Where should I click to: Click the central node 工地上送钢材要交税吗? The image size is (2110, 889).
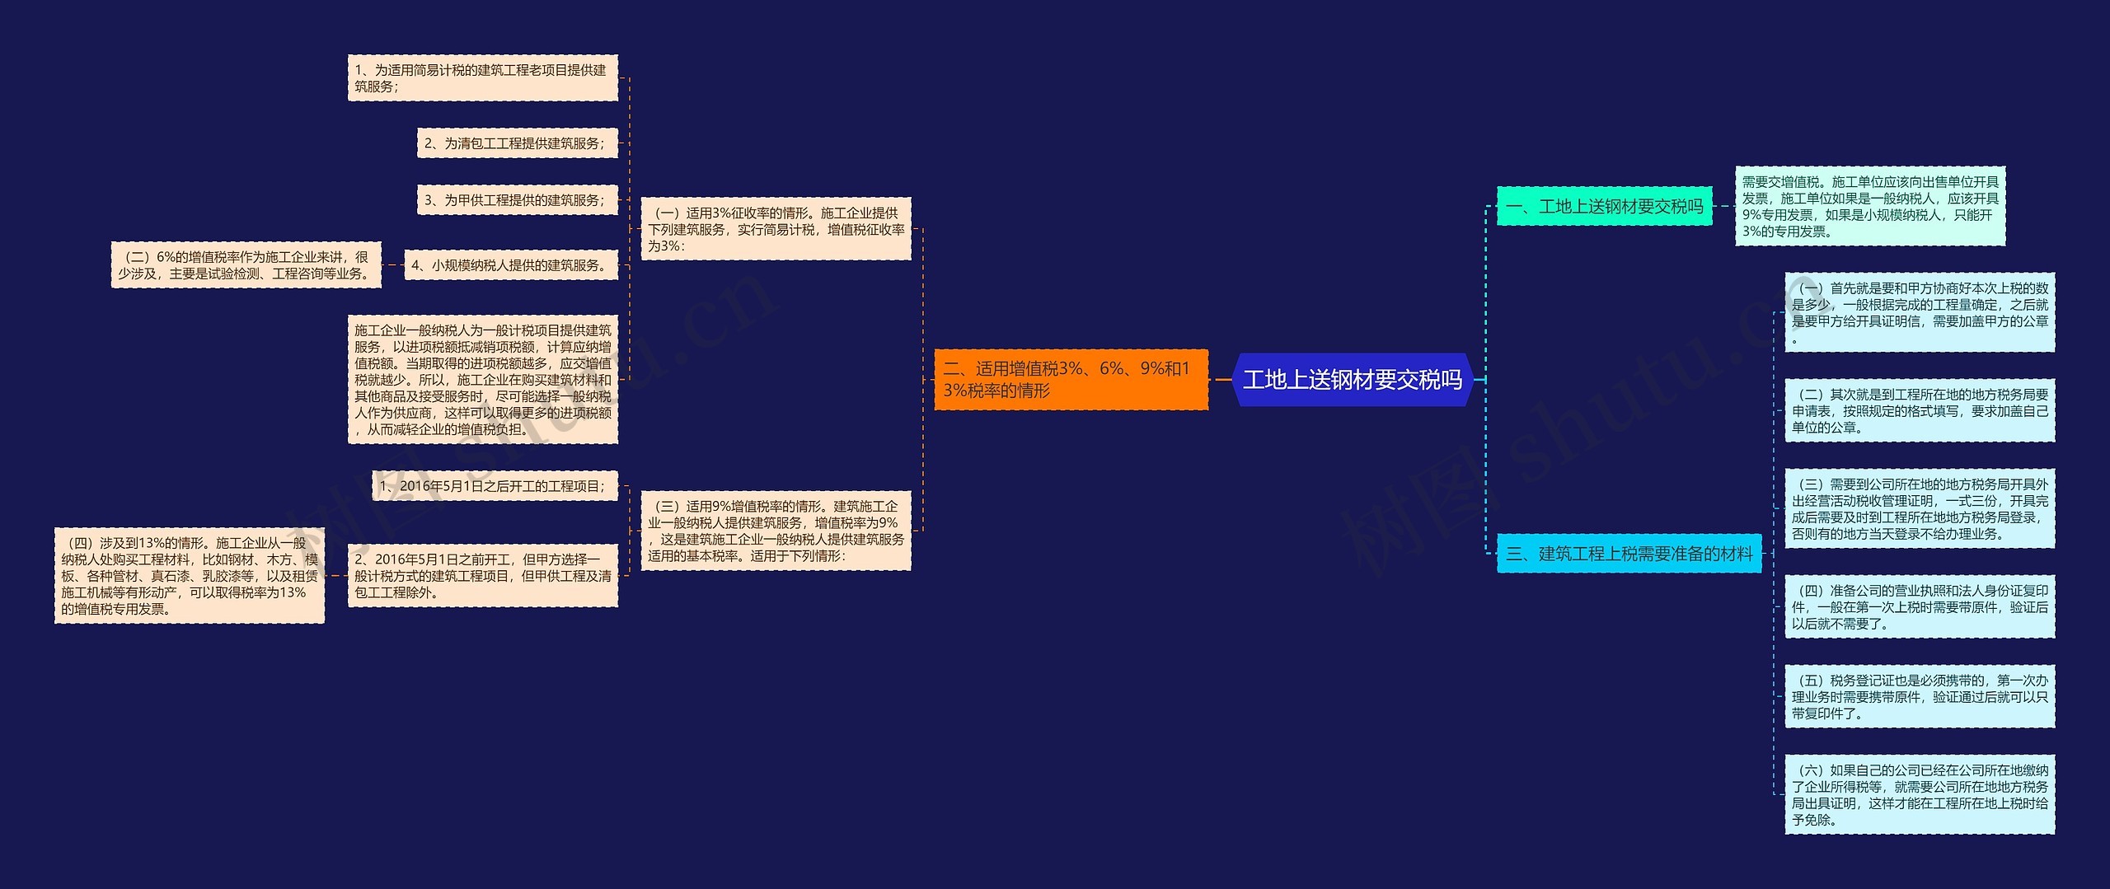1353,380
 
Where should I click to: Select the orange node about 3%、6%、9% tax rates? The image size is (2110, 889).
1071,380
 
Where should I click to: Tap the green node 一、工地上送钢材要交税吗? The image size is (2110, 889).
1604,206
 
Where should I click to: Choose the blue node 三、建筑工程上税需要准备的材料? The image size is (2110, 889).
1629,554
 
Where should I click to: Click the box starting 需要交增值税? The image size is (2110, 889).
1869,206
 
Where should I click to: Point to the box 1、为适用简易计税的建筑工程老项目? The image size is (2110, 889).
482,78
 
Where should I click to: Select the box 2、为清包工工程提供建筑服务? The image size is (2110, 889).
517,143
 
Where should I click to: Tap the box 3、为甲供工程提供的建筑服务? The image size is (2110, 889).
517,200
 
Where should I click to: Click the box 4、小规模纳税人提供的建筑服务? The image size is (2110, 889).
511,265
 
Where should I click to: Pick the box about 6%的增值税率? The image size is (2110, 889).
246,265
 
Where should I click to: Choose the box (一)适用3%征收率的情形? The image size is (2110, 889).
776,229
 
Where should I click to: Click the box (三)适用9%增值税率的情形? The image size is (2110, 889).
776,531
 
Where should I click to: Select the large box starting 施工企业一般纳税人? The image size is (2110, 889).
482,380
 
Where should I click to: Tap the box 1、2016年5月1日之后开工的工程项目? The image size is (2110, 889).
495,486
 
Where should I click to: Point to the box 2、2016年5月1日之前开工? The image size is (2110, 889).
482,576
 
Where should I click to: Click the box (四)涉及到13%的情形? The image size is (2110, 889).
189,576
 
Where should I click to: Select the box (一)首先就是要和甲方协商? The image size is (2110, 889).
1920,312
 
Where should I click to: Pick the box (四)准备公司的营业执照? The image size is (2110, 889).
1920,607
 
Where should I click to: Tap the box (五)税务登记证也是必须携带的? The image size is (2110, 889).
1920,697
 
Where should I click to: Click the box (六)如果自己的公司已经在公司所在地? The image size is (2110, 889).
1920,795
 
